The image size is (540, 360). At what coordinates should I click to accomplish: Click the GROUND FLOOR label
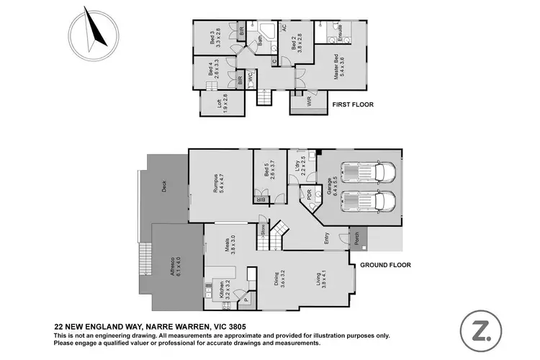[x=385, y=265]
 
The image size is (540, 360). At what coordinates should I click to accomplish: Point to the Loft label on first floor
[x=222, y=102]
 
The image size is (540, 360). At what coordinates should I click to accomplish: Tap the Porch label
[x=355, y=235]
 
